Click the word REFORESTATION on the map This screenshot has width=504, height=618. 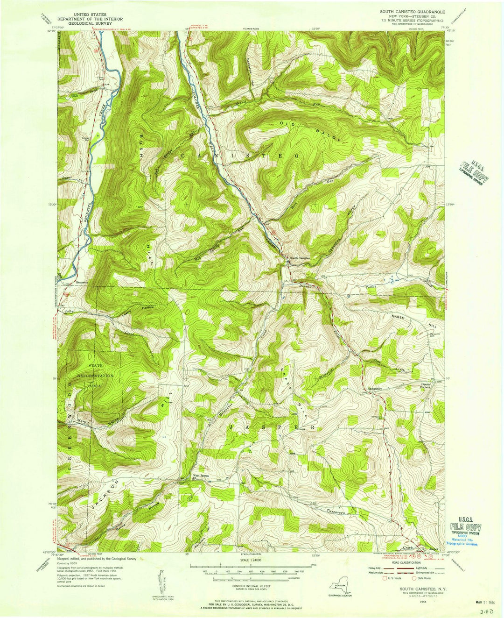click(x=96, y=376)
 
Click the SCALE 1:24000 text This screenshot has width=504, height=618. click(x=251, y=560)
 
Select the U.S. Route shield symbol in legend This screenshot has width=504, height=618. click(x=385, y=578)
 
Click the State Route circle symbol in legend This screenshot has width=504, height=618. click(x=414, y=578)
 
